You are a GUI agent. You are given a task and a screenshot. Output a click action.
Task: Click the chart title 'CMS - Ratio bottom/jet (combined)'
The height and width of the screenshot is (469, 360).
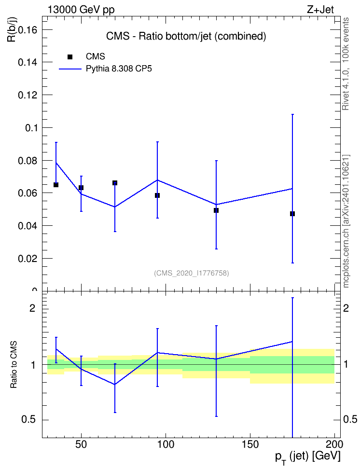pos(186,36)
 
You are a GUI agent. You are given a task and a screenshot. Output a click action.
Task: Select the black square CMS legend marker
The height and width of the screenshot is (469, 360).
pos(69,57)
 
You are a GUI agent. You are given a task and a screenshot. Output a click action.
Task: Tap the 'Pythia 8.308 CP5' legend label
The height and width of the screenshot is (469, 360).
pos(119,69)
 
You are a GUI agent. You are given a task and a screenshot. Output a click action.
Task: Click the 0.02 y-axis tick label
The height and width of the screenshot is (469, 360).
pos(28,259)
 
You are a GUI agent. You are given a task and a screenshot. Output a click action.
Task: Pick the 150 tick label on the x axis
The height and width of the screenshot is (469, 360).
pos(250,444)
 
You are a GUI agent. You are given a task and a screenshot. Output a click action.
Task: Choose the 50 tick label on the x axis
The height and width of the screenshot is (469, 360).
pos(81,444)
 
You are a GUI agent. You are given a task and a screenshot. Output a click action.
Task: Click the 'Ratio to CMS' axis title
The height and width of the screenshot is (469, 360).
pos(14,365)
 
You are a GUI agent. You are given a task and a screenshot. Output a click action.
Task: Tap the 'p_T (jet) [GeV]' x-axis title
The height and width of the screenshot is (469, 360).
pos(307,457)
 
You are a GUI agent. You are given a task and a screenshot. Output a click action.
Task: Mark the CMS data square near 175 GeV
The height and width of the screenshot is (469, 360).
pos(292,214)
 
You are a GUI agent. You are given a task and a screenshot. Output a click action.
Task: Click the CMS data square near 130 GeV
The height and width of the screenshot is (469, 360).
pos(216,210)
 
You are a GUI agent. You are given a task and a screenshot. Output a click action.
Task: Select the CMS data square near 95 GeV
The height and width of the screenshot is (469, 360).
pos(157,195)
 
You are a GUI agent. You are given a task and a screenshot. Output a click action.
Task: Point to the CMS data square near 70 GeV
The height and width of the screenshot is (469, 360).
pos(115,183)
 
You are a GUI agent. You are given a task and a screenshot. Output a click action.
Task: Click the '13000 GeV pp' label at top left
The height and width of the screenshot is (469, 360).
pos(81,10)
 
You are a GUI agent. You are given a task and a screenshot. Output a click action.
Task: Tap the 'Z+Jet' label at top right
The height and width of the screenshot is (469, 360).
pos(320,10)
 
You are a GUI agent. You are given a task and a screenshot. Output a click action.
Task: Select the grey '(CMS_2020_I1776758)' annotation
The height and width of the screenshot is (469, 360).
pos(192,273)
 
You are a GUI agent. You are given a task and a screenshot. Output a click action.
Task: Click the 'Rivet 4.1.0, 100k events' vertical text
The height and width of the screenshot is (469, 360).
pos(346,64)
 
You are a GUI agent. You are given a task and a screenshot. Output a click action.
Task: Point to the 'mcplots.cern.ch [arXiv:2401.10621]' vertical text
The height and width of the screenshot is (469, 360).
pos(346,221)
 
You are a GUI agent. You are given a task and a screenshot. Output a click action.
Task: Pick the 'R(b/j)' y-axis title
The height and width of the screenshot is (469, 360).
pos(12,29)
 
